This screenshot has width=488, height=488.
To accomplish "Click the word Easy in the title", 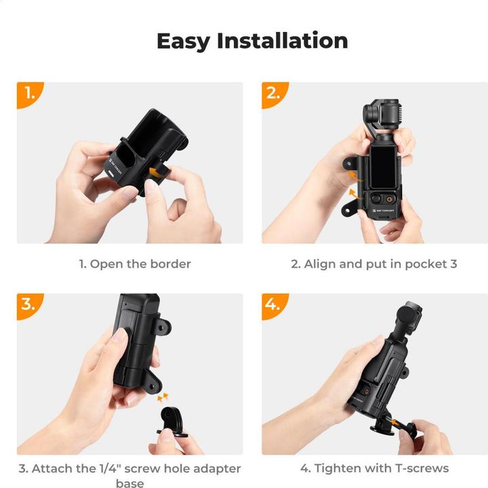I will click(183, 41).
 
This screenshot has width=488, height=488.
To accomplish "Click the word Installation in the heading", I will click(283, 41).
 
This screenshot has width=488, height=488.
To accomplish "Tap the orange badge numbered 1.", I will click(29, 94).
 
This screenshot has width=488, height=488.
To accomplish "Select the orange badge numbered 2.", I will click(274, 94).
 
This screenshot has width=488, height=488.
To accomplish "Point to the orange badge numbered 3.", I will click(29, 304).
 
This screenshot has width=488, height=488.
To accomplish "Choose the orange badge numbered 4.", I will click(274, 304).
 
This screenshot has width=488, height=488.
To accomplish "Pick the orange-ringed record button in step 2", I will click(391, 199).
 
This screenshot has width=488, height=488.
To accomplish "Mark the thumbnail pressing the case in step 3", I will click(119, 335).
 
